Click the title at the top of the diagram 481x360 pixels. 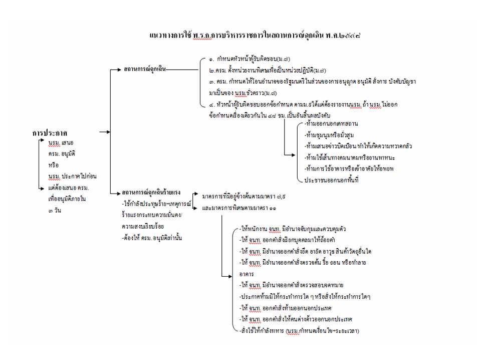pyautogui.click(x=256, y=36)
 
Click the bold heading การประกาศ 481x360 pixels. pyautogui.click(x=50, y=133)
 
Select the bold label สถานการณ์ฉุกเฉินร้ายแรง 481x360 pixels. pyautogui.click(x=151, y=192)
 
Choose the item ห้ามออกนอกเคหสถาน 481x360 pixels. pyautogui.click(x=331, y=123)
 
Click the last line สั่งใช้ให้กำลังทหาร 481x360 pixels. pyautogui.click(x=300, y=331)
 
